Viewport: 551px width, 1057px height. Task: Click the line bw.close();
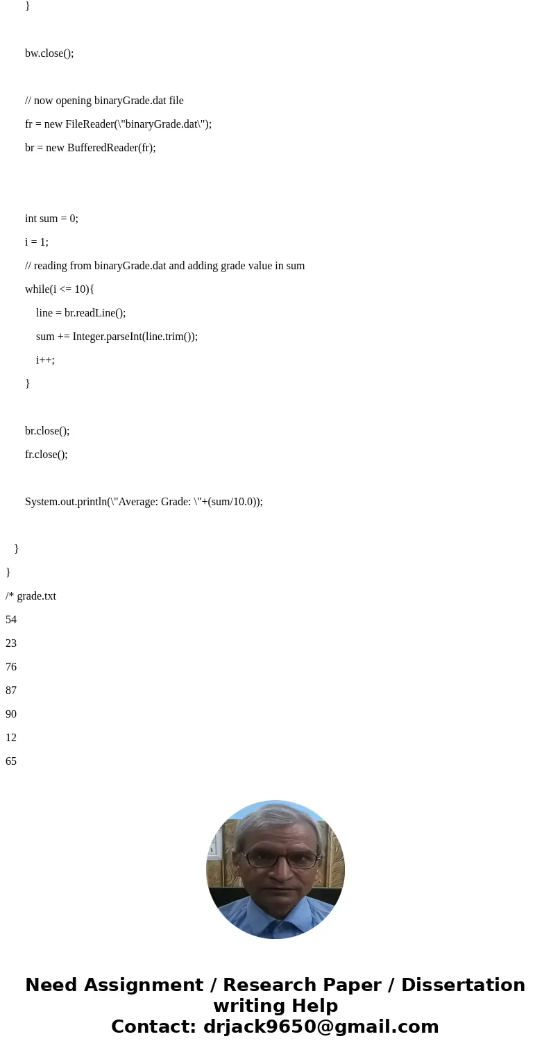tap(49, 53)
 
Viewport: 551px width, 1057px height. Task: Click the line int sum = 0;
tap(51, 219)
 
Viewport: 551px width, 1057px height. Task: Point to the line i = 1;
tap(37, 242)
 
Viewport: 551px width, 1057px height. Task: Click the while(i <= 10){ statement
tap(60, 289)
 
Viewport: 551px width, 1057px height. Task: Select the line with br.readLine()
tap(80, 313)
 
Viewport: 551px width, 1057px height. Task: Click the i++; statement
tap(45, 360)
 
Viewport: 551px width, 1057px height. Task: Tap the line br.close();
tap(47, 431)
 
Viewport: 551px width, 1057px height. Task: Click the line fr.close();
tap(46, 455)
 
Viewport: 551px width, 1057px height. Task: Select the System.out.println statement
tap(144, 502)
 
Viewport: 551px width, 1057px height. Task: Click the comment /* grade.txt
tap(31, 596)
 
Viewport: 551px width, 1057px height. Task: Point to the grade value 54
tap(11, 620)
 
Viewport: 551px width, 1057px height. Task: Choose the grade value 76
tap(11, 667)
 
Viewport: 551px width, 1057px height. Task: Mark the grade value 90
tap(11, 714)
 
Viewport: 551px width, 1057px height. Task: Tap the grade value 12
tap(11, 738)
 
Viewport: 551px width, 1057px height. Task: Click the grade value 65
tap(11, 761)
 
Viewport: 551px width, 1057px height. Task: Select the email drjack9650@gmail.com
tap(321, 1027)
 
